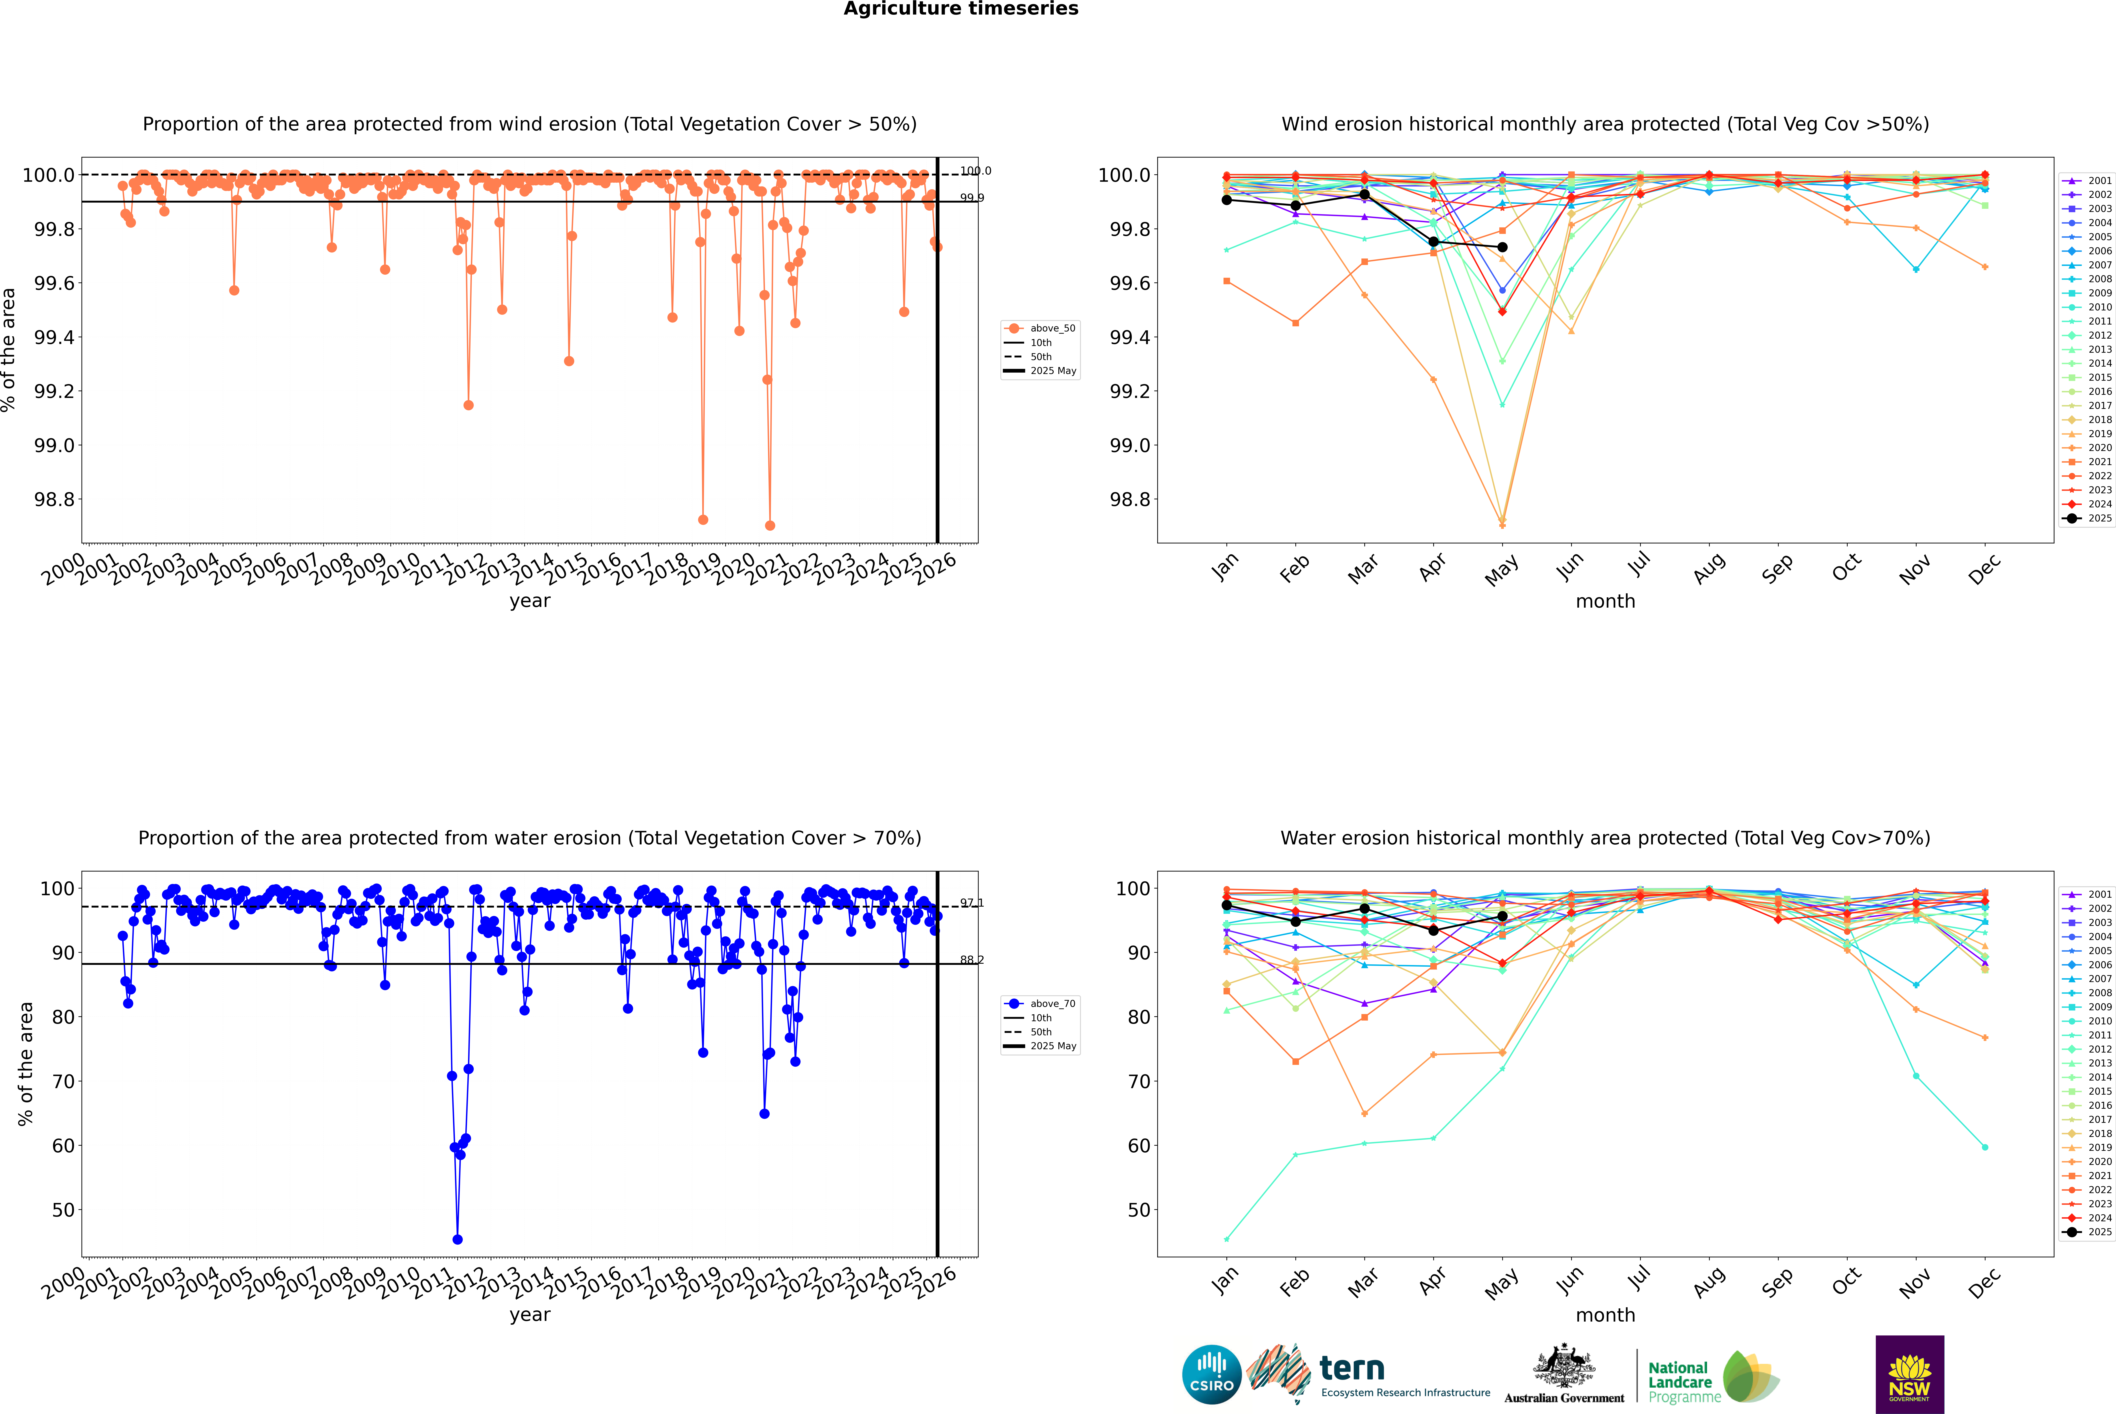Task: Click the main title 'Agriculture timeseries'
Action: click(961, 9)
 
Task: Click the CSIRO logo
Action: click(1211, 1374)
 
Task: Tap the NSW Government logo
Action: click(1909, 1374)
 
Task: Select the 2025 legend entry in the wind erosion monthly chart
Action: click(2088, 519)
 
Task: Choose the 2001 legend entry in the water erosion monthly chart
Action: click(2088, 895)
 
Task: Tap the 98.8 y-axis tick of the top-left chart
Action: click(54, 500)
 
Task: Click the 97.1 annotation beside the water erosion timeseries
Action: click(971, 903)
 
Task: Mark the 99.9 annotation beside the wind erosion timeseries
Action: click(971, 197)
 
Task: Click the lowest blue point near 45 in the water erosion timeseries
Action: click(457, 1240)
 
